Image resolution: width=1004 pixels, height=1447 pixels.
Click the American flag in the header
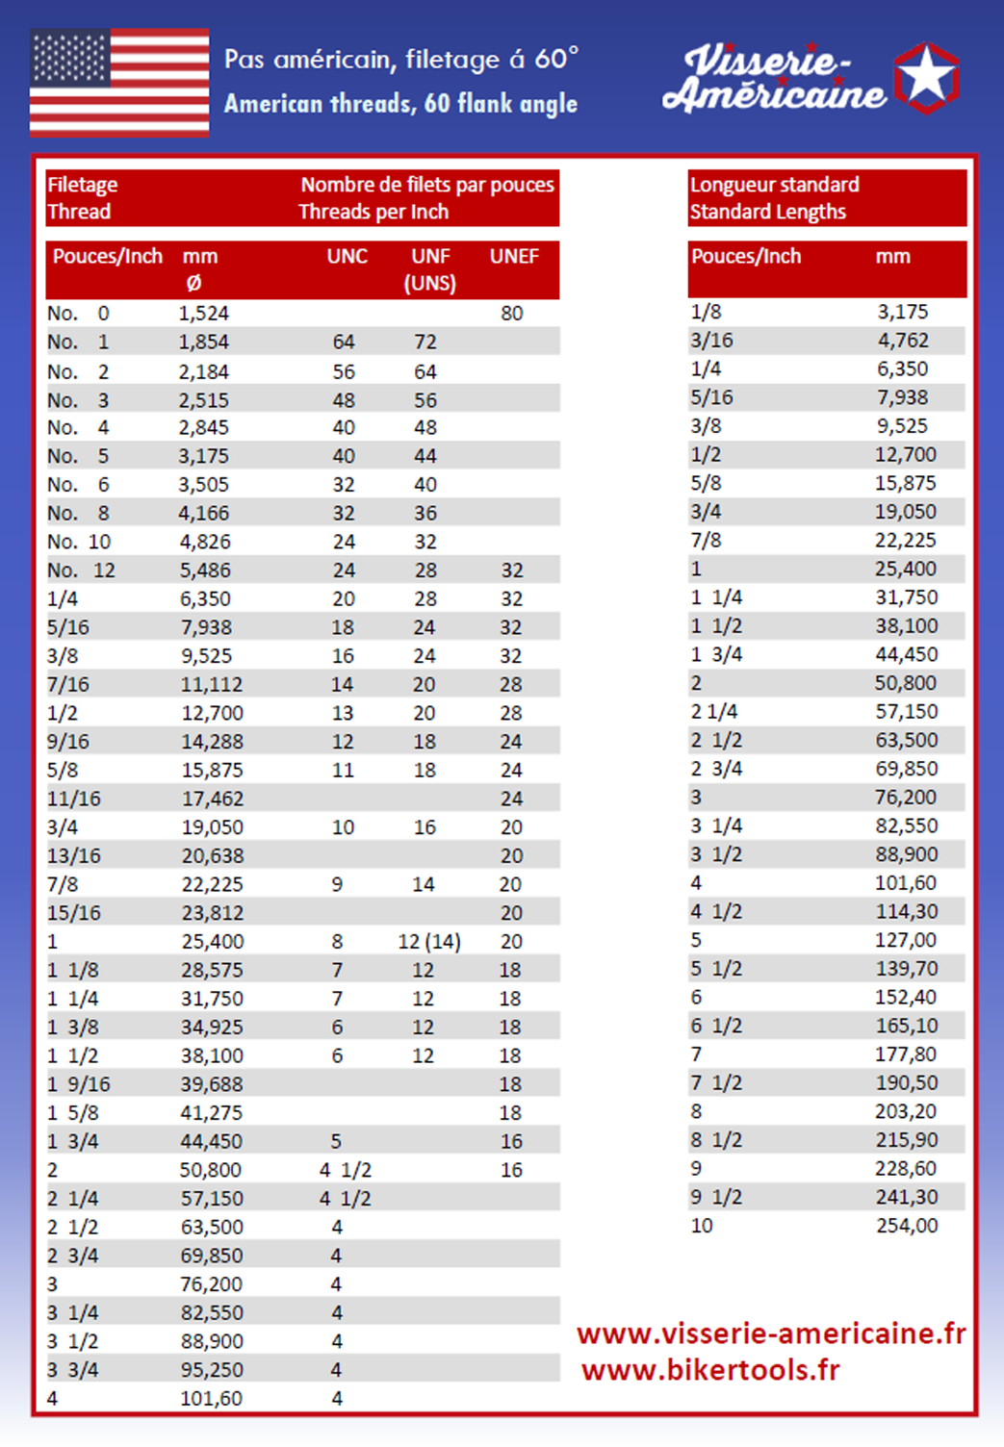pos(119,83)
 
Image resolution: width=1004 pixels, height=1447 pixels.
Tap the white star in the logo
pos(927,76)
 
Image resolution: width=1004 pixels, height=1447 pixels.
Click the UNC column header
pos(347,257)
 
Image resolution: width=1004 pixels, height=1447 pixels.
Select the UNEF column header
pos(514,257)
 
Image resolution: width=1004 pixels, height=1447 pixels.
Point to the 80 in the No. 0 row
pos(512,314)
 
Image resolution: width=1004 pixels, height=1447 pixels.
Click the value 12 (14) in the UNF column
pos(429,942)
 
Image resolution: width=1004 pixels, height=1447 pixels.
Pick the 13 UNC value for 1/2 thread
pos(343,714)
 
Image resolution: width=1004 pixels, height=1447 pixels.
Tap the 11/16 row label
pos(74,800)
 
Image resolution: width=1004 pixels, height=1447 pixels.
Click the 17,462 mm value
pos(213,800)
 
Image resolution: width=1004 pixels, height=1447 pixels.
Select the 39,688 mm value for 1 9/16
pos(212,1085)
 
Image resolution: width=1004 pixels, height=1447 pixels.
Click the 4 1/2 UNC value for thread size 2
pos(346,1171)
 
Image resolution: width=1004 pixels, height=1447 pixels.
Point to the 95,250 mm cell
pos(212,1370)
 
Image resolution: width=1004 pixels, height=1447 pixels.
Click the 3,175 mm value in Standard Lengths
pos(903,313)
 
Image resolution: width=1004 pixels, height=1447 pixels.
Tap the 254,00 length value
pos(907,1226)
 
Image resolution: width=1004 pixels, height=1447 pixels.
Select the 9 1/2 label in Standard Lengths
pos(716,1198)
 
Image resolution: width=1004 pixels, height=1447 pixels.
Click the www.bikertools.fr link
pos(710,1370)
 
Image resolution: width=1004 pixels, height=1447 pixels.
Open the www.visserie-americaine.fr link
pos(771,1333)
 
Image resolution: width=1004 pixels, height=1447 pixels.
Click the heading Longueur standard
pos(775,185)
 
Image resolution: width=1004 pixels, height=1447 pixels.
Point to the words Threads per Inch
pos(373,213)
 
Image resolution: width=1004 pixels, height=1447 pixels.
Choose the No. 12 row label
pos(81,571)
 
